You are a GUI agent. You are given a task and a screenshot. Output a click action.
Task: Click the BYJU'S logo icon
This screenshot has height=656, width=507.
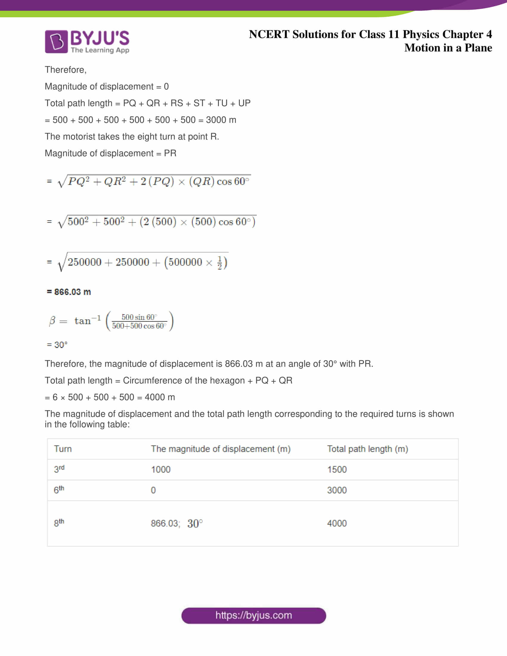[56, 41]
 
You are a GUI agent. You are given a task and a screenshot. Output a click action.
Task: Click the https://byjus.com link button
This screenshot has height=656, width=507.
[253, 615]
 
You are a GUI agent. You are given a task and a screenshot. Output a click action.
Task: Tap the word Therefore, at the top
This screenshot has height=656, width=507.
[66, 70]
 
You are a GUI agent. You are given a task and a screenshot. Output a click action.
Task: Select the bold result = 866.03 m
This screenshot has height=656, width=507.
[69, 292]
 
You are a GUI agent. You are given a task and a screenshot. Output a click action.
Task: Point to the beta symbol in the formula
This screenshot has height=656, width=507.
[52, 321]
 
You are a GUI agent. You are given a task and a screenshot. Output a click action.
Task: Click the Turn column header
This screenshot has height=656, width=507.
[63, 449]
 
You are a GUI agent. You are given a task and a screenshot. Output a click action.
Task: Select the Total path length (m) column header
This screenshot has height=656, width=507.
[367, 449]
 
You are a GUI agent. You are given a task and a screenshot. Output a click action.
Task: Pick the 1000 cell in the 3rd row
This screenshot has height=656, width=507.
[161, 469]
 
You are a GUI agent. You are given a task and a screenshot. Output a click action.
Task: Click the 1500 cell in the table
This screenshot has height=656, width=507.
[337, 469]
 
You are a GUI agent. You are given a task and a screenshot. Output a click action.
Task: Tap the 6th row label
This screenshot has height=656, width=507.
[59, 490]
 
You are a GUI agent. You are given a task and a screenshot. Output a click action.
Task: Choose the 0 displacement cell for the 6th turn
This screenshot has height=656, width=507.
[153, 490]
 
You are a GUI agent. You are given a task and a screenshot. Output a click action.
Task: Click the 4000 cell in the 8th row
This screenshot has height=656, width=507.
[337, 523]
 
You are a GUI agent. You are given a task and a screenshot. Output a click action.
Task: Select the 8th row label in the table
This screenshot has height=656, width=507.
[59, 523]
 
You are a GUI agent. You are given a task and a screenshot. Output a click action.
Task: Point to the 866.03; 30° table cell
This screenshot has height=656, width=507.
[177, 523]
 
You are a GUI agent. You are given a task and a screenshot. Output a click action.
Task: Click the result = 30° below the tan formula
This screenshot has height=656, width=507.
[57, 344]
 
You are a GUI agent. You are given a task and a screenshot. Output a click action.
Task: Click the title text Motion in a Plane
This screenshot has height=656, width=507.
[448, 48]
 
